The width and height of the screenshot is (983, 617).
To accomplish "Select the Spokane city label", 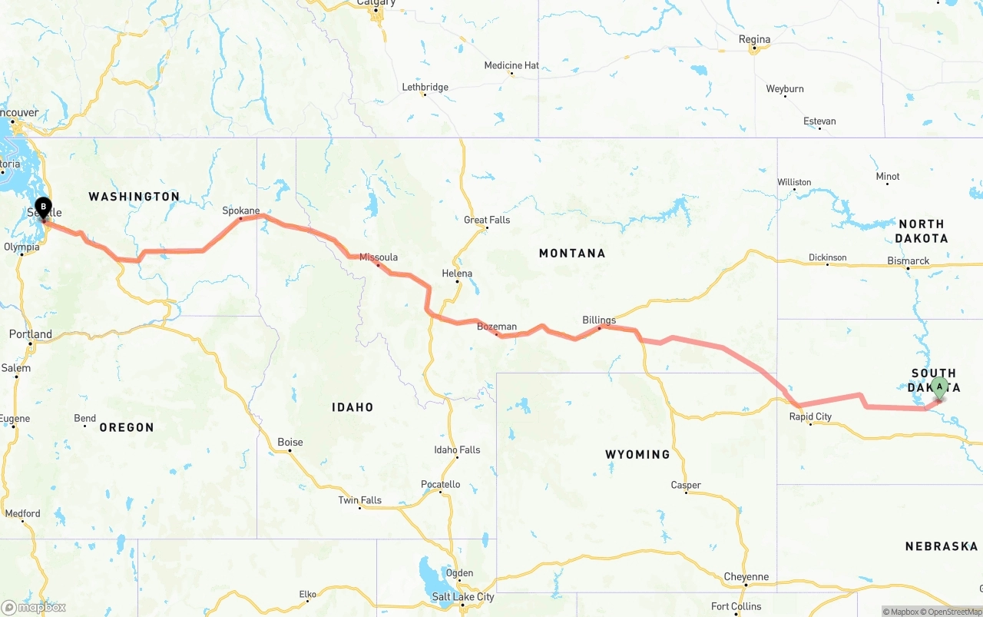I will (x=241, y=211).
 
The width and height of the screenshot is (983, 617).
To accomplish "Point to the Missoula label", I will (x=379, y=257).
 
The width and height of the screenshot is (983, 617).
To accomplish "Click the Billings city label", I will (x=599, y=320).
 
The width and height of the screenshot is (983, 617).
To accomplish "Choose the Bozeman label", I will (x=497, y=327).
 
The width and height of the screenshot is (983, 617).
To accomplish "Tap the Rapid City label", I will (x=810, y=416).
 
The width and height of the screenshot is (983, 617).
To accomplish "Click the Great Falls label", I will (x=487, y=220).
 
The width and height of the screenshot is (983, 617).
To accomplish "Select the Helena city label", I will (x=457, y=274).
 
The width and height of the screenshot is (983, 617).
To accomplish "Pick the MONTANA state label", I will (x=572, y=253).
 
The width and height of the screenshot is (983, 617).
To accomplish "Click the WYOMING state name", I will (x=637, y=454).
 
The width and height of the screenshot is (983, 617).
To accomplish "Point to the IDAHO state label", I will (x=352, y=407).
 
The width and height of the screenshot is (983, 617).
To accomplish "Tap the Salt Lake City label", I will (x=463, y=597).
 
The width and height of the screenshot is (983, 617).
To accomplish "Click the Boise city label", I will (x=290, y=443).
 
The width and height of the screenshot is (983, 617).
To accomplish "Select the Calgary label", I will (x=376, y=3).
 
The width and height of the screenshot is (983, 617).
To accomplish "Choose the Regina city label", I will (x=754, y=39).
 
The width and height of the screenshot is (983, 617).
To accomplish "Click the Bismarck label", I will (x=909, y=261).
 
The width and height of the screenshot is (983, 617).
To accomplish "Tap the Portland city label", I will (x=31, y=334).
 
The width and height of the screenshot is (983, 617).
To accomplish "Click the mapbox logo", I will (x=34, y=607).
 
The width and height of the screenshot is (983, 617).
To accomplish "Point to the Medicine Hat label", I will (x=511, y=66).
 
